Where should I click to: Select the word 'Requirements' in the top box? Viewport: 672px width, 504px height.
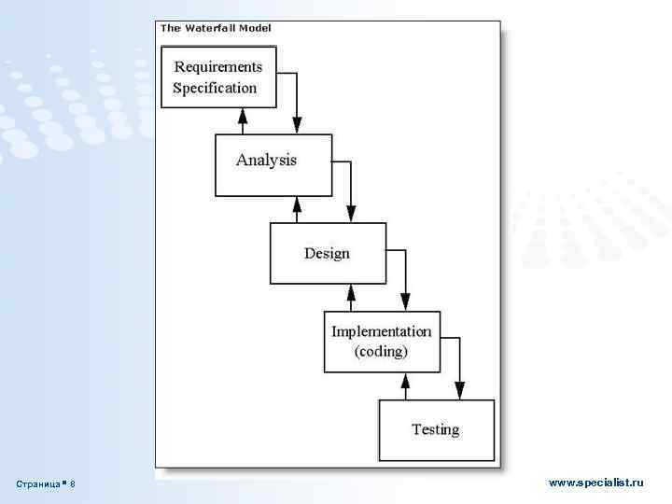218,66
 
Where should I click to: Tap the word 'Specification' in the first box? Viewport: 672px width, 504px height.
215,88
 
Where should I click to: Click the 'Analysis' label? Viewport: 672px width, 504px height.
266,160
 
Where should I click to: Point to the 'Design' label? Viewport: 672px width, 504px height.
327,253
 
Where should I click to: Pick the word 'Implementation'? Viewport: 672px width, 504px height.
382,331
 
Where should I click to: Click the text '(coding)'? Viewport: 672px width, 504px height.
381,352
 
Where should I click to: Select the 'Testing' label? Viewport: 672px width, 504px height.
435,429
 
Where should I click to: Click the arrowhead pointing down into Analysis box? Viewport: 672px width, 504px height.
298,127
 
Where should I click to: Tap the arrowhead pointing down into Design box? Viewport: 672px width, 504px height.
352,216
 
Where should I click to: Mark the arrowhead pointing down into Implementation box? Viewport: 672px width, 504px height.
406,304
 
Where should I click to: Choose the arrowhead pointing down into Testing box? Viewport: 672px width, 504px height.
459,392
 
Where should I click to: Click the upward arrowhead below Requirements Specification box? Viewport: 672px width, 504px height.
243,116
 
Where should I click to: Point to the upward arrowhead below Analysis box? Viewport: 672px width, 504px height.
297,203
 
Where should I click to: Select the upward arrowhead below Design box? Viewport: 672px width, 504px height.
352,292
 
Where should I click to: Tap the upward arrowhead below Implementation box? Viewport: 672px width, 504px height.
405,381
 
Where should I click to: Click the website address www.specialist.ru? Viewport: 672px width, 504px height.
596,483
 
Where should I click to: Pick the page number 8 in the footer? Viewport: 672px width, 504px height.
73,484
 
